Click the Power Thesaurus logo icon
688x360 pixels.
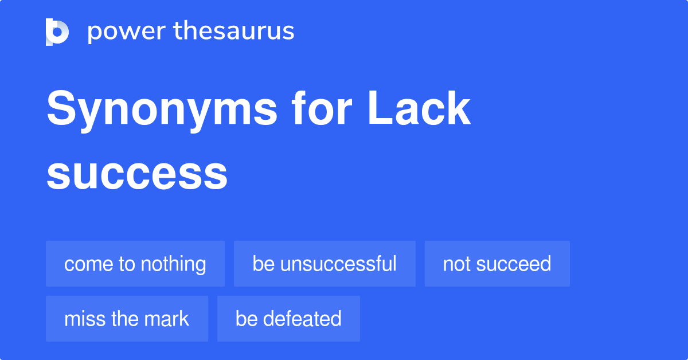click(57, 32)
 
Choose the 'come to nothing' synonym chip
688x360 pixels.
click(135, 264)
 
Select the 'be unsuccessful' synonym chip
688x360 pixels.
click(325, 264)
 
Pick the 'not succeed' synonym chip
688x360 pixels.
click(497, 264)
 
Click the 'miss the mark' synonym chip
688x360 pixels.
click(127, 319)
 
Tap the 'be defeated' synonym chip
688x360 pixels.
click(288, 319)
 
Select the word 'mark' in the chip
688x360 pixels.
click(167, 319)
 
